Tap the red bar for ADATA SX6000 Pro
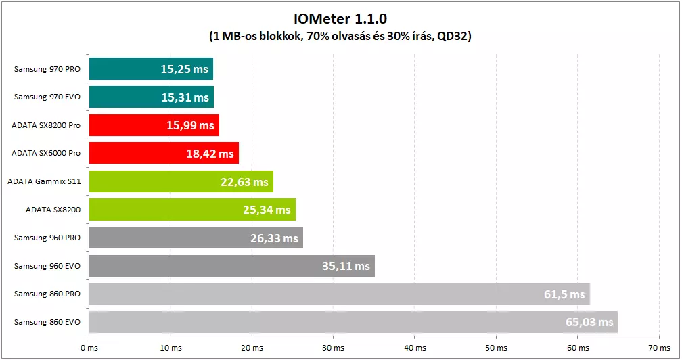(x=135, y=154)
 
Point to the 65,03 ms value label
(x=589, y=323)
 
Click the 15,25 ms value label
(x=185, y=69)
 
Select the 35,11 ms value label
(x=346, y=267)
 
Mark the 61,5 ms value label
(x=564, y=295)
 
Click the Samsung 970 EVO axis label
(x=47, y=97)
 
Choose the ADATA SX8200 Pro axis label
(x=46, y=125)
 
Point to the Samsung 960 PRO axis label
(x=47, y=238)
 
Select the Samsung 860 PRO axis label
(x=47, y=294)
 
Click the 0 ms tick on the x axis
(x=89, y=348)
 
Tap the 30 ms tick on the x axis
(x=333, y=348)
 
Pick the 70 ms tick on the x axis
(x=659, y=348)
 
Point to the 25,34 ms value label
(x=267, y=210)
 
